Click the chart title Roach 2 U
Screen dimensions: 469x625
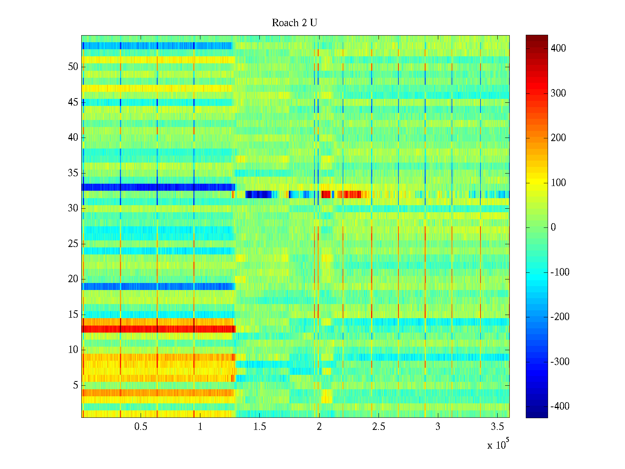pos(294,23)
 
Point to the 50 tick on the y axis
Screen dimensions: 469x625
pos(73,67)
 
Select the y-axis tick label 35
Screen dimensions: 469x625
pos(73,173)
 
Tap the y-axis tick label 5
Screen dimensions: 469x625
pos(75,385)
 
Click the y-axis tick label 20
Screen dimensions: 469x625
pos(73,279)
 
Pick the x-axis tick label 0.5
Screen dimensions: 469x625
pos(141,427)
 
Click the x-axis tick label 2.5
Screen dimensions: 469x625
pos(379,427)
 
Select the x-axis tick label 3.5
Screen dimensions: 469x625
pos(497,427)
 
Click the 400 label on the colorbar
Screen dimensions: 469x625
pos(558,48)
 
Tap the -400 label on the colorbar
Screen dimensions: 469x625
pos(560,406)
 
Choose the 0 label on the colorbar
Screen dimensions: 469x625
pos(553,227)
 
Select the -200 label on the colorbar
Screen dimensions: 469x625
pos(560,317)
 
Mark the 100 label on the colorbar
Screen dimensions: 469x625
pos(558,183)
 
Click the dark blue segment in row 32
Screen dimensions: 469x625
pos(258,194)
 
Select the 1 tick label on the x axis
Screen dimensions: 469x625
pos(200,427)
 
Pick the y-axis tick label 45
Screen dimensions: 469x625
pos(73,102)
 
